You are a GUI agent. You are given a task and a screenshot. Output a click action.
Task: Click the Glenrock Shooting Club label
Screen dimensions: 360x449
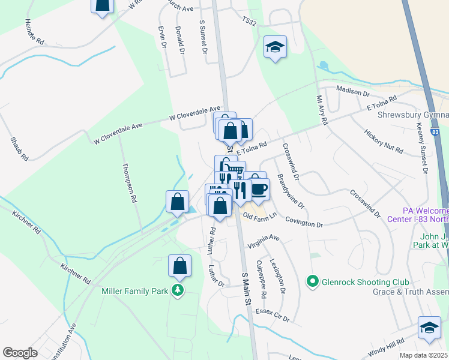point(366,282)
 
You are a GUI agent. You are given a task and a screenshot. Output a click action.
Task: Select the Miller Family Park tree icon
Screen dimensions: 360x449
point(178,291)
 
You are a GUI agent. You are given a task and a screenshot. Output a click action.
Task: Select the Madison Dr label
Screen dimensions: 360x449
point(352,91)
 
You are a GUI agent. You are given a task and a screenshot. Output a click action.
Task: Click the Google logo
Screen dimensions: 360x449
point(20,353)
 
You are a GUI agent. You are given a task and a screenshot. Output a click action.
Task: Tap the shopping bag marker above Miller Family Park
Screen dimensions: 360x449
point(179,266)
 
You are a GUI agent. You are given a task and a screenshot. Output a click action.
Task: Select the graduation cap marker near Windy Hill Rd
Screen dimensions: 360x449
point(429,328)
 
